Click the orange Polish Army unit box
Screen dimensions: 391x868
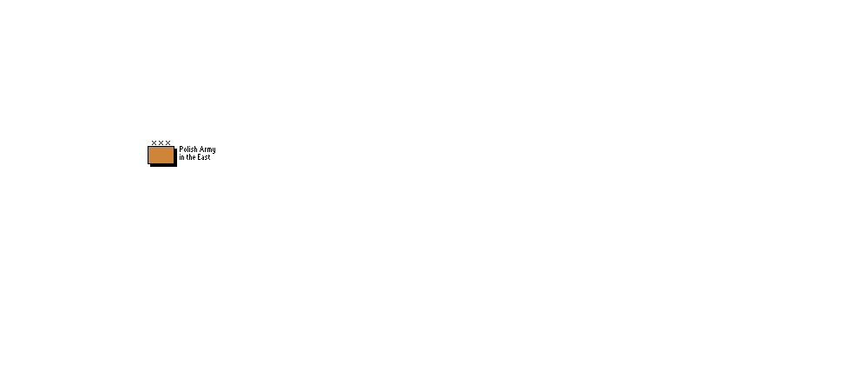tap(161, 156)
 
